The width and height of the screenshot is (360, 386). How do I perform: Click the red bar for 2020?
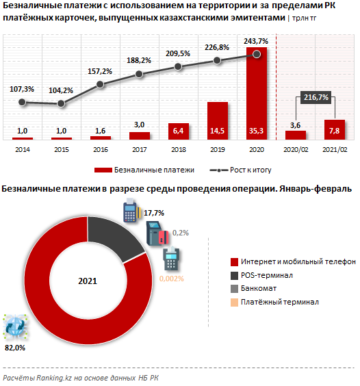[x=257, y=94]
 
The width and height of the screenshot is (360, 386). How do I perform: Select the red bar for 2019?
[x=218, y=121]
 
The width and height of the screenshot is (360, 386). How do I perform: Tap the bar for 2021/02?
[x=335, y=130]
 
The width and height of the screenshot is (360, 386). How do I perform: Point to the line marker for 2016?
[x=100, y=84]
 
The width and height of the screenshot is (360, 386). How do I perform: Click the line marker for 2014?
[x=22, y=102]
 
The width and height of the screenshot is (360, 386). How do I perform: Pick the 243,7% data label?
[x=256, y=41]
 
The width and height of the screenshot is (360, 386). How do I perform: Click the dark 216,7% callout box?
[x=316, y=97]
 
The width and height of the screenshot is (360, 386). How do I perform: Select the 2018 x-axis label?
[x=179, y=150]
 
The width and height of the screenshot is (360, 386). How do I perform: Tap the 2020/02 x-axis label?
[x=296, y=150]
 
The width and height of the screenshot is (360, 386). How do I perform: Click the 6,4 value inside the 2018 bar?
[x=178, y=131]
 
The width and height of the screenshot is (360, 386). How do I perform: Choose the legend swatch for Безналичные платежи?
[x=103, y=170]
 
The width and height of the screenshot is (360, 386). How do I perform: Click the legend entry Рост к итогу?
[x=240, y=170]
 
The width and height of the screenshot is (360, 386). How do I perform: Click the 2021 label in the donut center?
[x=88, y=281]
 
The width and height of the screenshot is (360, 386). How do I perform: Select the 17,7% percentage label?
[x=154, y=213]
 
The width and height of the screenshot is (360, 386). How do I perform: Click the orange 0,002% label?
[x=172, y=279]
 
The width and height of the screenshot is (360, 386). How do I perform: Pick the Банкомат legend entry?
[x=253, y=289]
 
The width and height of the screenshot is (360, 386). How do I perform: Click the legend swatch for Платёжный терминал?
[x=234, y=303]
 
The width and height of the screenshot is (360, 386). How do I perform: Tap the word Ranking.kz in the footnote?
[x=54, y=378]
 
